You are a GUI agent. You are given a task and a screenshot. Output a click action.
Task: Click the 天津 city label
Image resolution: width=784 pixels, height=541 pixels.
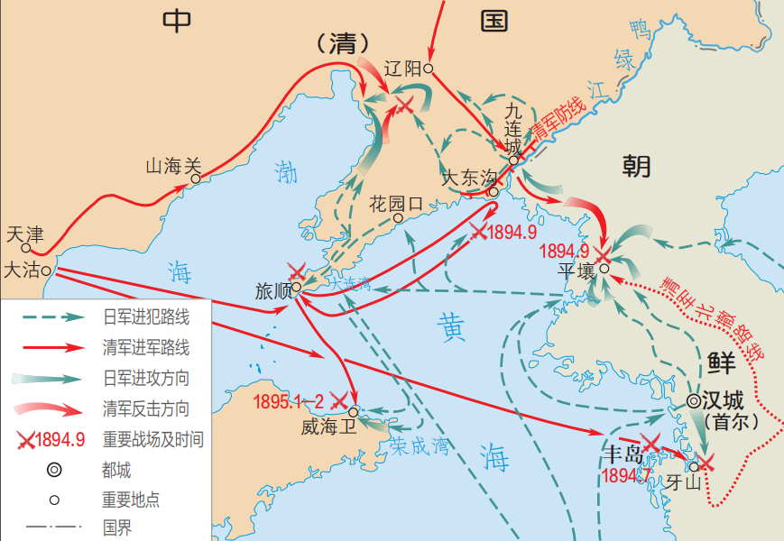click(x=24, y=234)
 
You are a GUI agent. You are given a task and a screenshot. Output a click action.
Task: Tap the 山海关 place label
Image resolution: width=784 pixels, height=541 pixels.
click(x=172, y=166)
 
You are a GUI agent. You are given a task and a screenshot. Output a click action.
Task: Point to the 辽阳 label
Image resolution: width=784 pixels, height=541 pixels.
click(x=402, y=69)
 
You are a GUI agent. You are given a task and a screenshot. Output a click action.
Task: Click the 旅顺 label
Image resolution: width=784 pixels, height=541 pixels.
click(x=273, y=291)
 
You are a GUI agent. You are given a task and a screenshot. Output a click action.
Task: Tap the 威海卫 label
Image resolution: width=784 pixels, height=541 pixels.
click(x=329, y=426)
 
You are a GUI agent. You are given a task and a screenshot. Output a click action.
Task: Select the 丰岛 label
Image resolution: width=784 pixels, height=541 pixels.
click(x=623, y=453)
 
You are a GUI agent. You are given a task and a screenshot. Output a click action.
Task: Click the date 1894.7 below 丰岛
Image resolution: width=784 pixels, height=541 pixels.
click(x=627, y=474)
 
